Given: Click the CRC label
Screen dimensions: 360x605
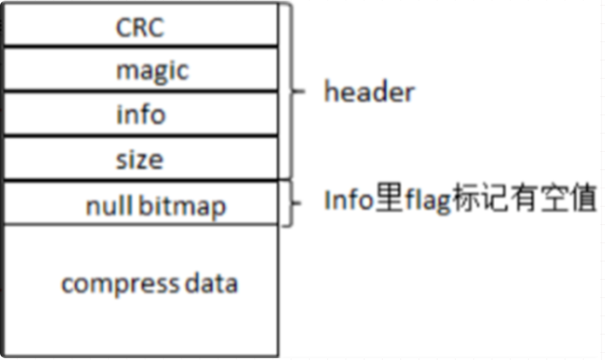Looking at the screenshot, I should coord(139,27).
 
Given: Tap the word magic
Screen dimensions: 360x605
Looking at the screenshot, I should coord(152,71).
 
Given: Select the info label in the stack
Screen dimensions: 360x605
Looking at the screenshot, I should coord(141,115).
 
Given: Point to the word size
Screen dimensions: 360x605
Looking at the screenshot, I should coord(140,160).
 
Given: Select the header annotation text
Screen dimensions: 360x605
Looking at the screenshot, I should coord(369,93).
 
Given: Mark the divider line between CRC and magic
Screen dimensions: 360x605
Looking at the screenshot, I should coord(140,45).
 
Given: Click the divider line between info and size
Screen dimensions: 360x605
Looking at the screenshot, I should coord(140,135).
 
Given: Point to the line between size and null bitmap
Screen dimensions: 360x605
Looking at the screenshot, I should coord(140,180).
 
